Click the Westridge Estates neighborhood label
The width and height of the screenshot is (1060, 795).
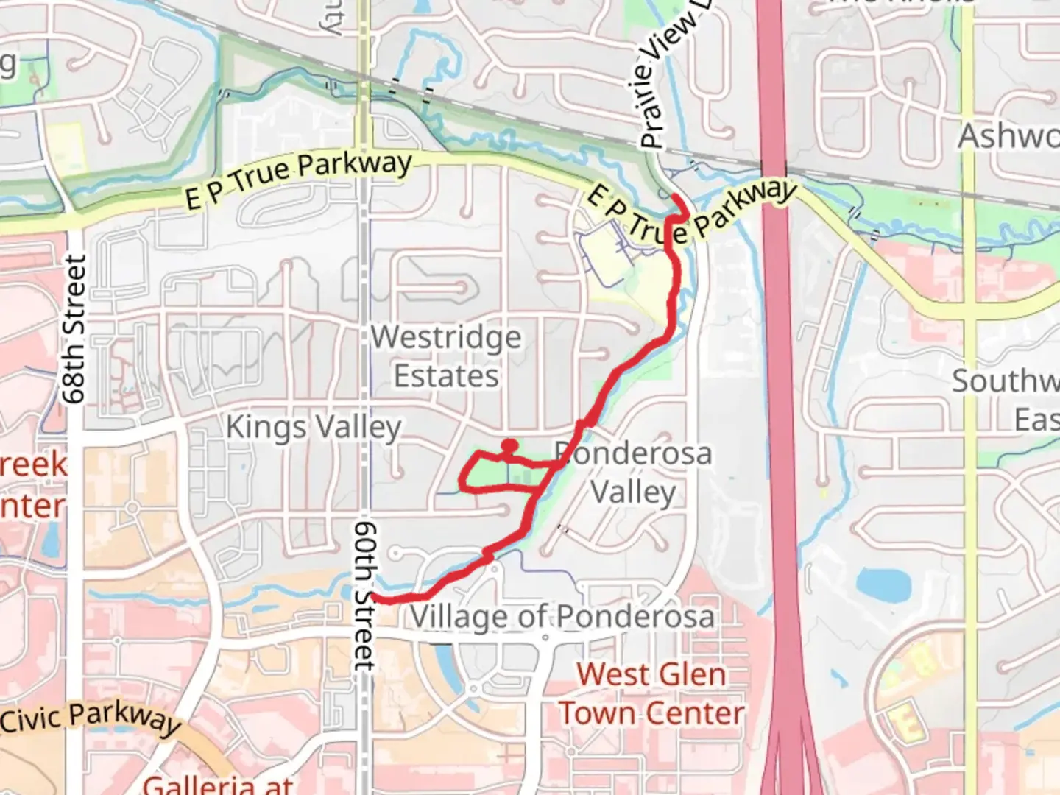446,357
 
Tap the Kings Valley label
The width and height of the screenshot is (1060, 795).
314,428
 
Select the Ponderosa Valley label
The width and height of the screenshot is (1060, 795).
633,473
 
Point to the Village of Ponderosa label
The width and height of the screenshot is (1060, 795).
562,617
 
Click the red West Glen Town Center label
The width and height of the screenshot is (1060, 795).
651,693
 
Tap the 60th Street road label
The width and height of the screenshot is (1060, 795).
364,596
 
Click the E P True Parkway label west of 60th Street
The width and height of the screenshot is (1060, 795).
298,177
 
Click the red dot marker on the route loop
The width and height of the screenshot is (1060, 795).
509,445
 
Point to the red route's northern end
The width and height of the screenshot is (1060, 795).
676,196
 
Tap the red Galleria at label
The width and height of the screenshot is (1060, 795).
218,783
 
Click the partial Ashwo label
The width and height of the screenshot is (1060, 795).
1008,137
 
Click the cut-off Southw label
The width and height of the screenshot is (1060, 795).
1005,381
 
